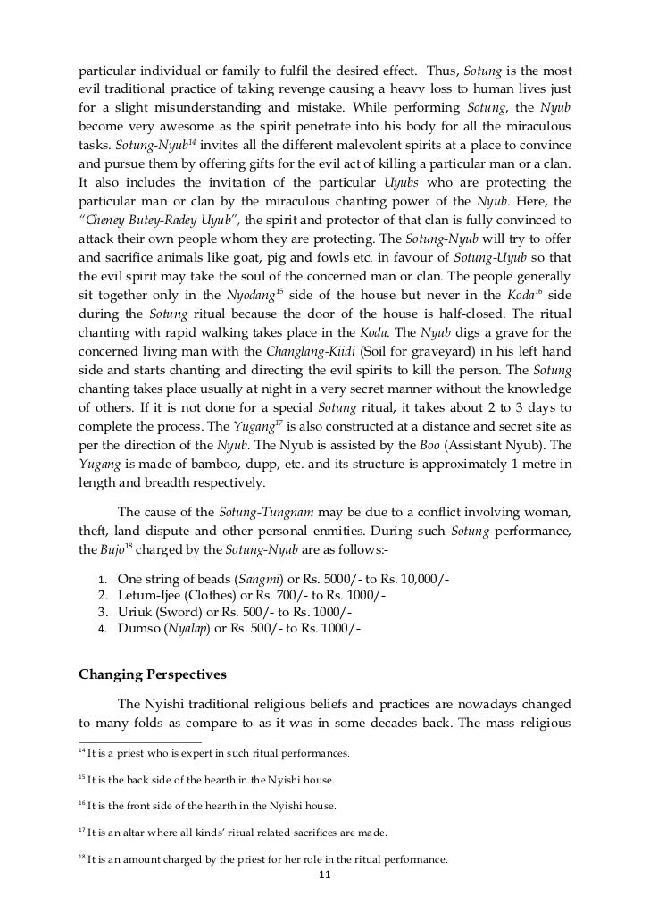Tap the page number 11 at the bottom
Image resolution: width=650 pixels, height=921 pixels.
tap(325, 875)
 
